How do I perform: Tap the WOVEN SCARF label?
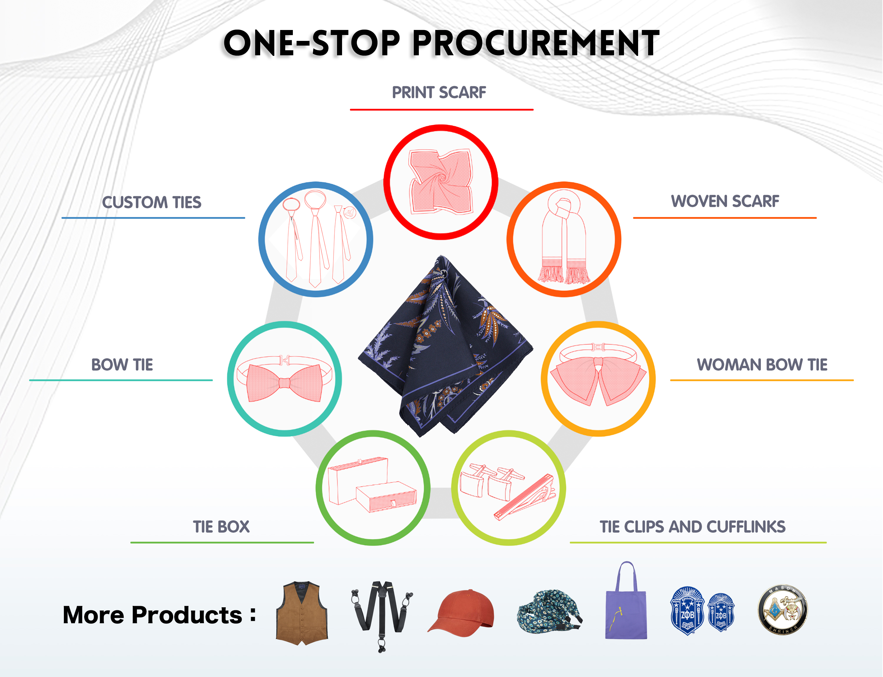(725, 201)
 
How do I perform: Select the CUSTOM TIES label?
(152, 202)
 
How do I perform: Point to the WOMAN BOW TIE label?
(762, 365)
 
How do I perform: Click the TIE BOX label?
(221, 527)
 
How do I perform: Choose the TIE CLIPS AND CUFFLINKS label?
(692, 527)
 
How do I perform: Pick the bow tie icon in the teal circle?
(284, 378)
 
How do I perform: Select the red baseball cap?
(460, 613)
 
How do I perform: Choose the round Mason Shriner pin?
(782, 610)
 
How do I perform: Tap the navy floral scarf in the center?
(446, 346)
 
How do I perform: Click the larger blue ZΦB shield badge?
(687, 611)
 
